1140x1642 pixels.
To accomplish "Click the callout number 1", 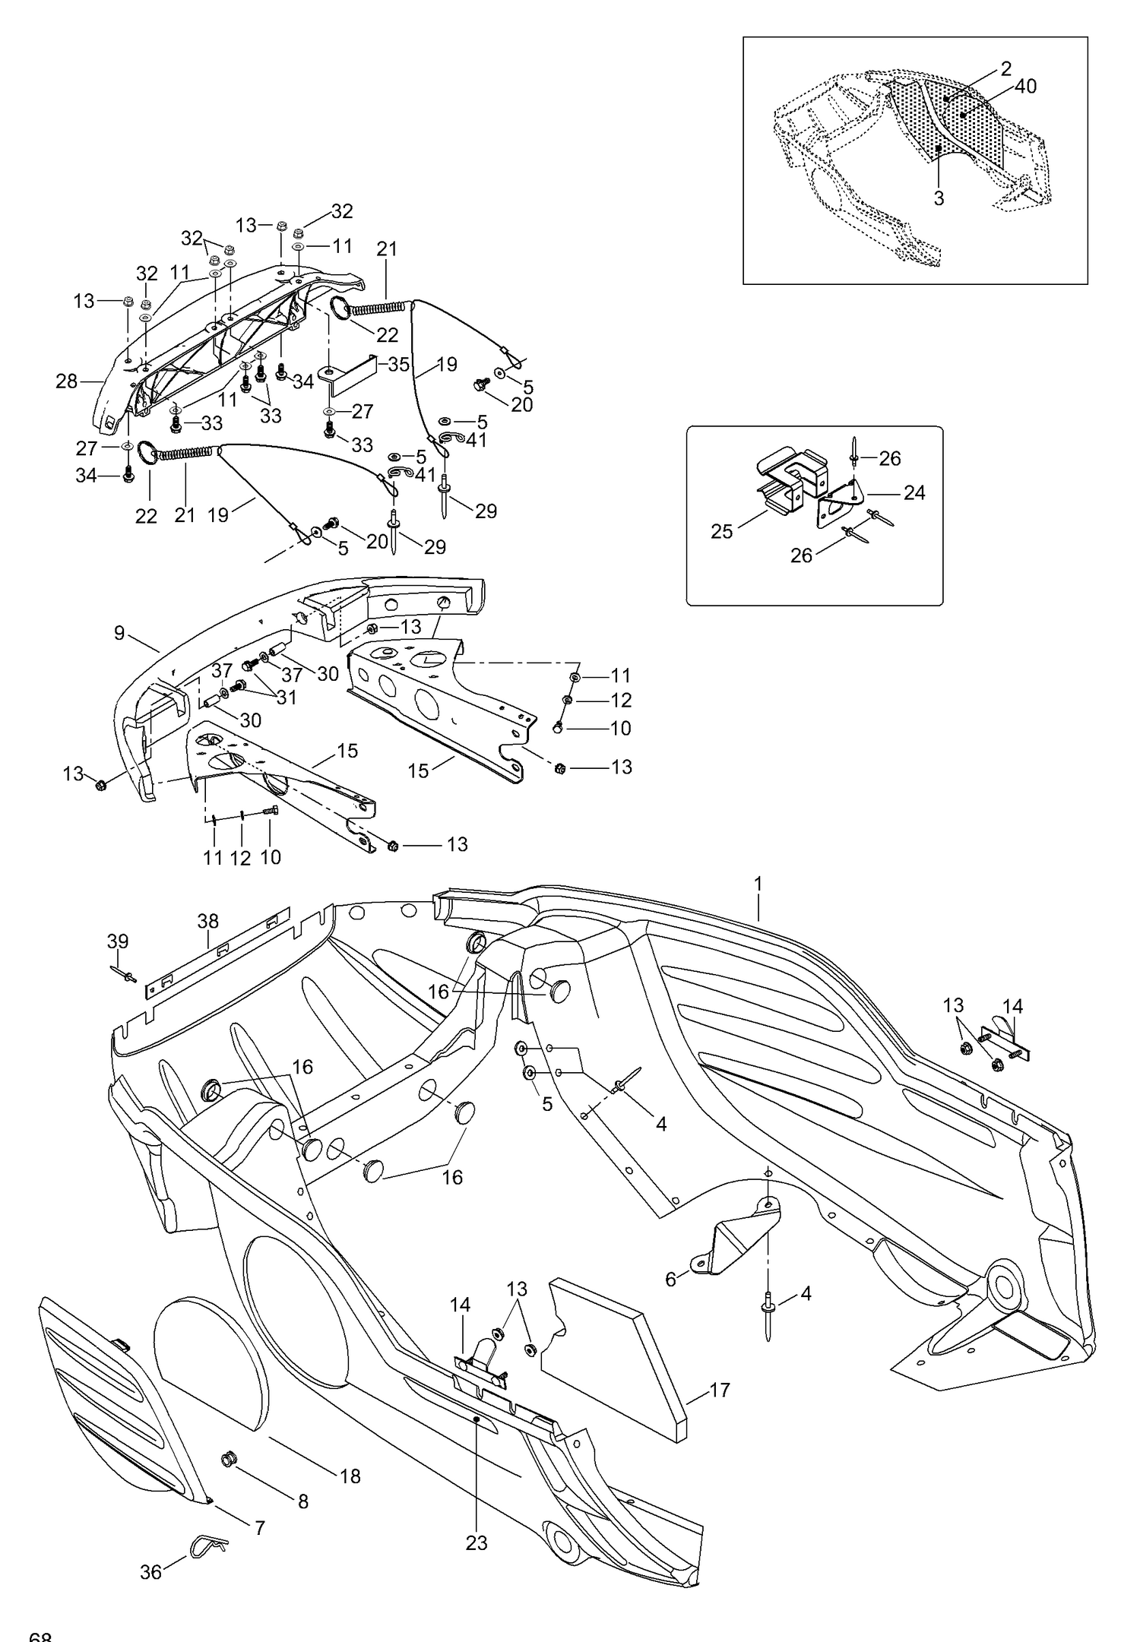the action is click(x=758, y=884).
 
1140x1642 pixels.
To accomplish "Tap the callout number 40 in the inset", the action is click(x=1025, y=87).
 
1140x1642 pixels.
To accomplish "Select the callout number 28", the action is click(x=67, y=381).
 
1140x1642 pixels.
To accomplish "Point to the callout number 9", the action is click(x=119, y=633).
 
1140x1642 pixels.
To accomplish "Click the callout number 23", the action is click(x=477, y=1543).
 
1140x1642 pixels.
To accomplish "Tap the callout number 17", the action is click(x=720, y=1390).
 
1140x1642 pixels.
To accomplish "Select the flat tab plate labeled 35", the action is click(x=349, y=374).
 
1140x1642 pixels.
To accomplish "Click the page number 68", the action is click(x=40, y=1636).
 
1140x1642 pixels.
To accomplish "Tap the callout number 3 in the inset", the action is click(x=939, y=198).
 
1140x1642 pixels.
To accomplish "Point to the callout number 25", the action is click(x=721, y=531).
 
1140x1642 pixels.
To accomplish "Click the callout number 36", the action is click(x=150, y=1571).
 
